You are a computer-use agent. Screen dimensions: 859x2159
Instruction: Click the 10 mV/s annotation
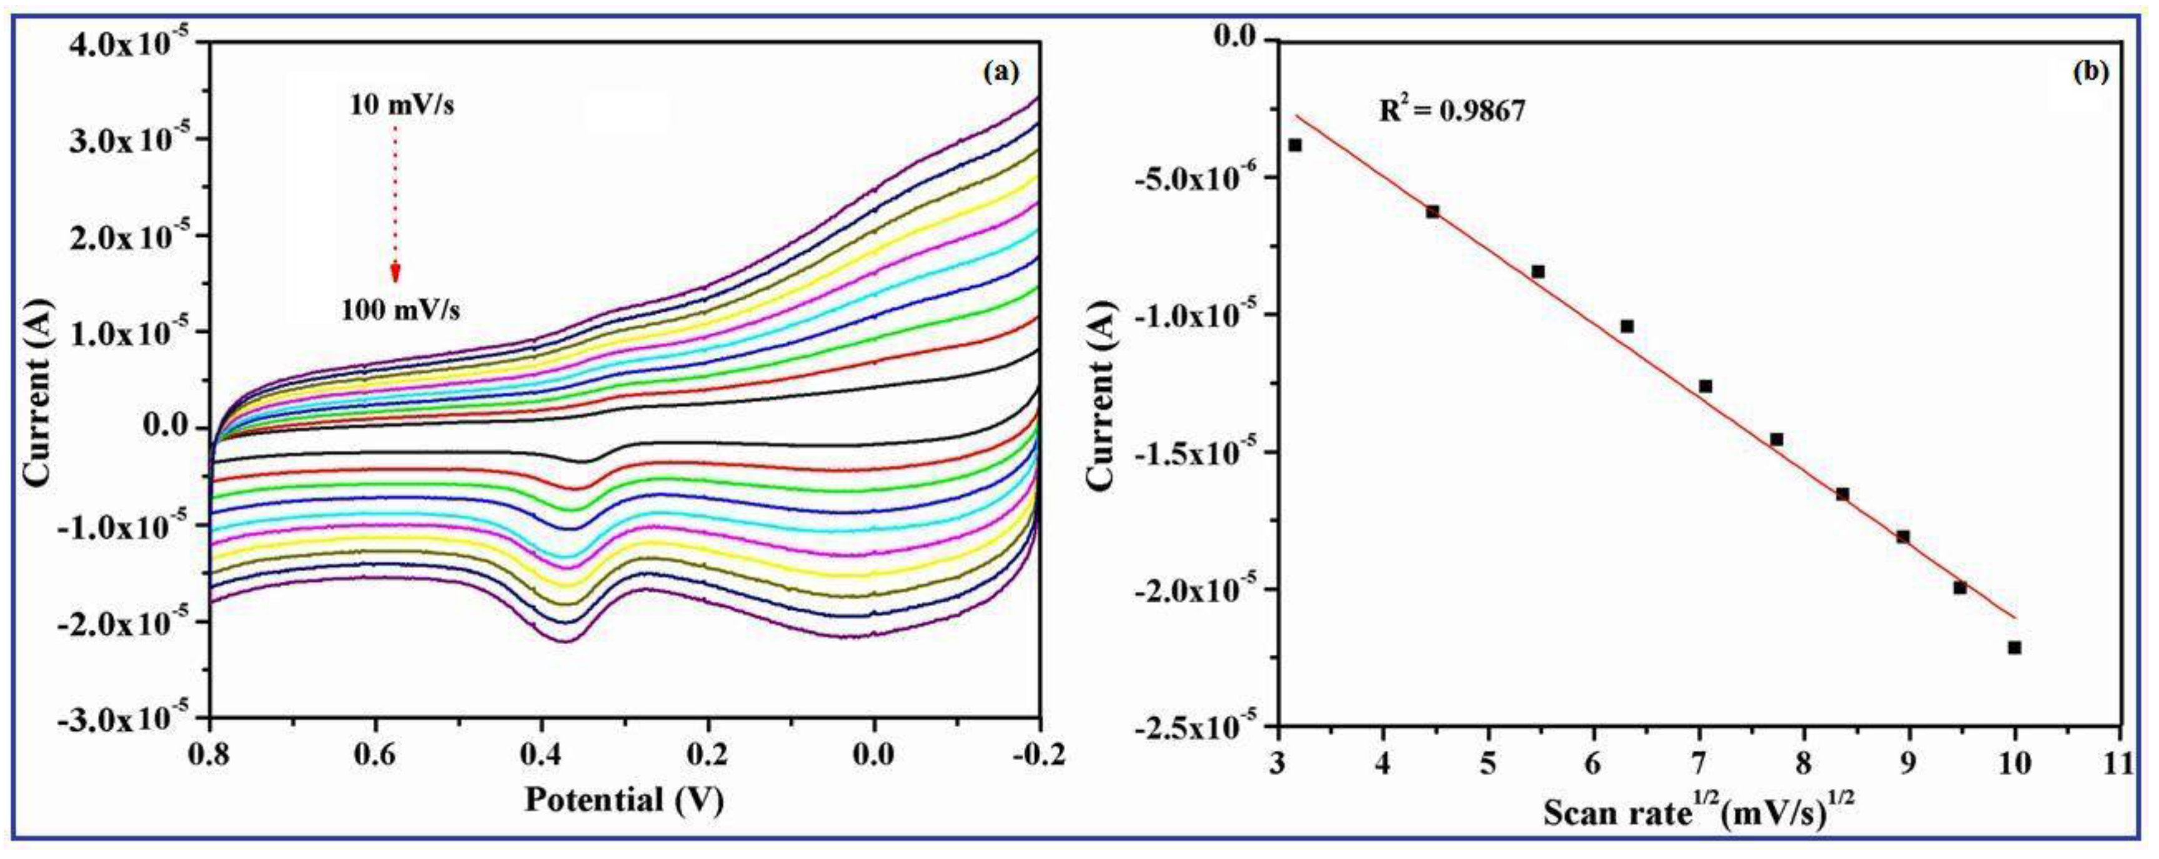click(x=402, y=106)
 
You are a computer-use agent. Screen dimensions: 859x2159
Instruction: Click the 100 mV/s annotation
click(x=400, y=311)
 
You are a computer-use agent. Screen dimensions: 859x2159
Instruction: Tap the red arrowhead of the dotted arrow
click(x=395, y=273)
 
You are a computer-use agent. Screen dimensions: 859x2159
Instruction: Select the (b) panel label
click(x=2090, y=72)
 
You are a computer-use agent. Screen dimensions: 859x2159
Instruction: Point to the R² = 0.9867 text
click(x=1452, y=111)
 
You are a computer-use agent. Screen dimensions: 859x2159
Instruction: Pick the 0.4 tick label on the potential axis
click(x=540, y=755)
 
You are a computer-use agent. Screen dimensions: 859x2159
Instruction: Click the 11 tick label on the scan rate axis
click(x=2120, y=764)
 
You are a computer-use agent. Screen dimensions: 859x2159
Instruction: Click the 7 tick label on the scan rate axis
click(x=1699, y=764)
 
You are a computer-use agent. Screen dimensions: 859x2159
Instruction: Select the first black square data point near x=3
click(x=1295, y=145)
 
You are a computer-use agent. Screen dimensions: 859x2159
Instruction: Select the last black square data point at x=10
click(x=2015, y=647)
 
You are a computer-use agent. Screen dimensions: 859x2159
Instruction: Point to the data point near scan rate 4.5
click(x=1432, y=211)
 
